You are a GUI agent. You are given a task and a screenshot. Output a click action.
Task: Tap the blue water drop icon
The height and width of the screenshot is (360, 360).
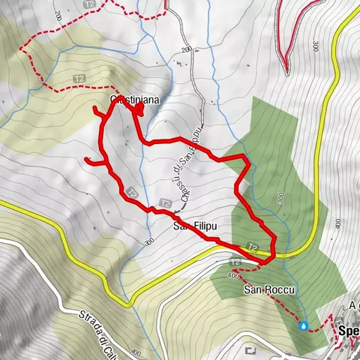303,325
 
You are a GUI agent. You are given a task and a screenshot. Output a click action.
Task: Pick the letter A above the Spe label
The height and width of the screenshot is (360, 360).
352,305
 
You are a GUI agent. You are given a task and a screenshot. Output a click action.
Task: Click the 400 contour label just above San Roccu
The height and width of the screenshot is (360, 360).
229,274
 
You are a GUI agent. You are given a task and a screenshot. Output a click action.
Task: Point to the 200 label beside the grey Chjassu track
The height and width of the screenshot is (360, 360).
186,50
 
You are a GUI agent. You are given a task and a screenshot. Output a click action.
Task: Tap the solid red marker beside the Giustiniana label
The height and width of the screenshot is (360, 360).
140,109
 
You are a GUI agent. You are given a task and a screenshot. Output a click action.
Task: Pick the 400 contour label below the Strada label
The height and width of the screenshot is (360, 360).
135,351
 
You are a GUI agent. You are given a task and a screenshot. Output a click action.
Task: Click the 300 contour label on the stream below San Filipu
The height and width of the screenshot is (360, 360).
149,241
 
